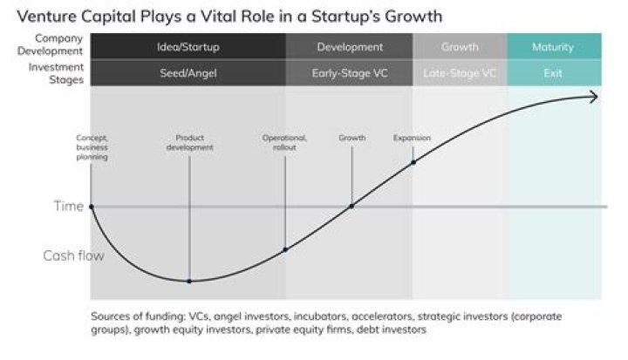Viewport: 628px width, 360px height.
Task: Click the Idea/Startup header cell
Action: pos(188,46)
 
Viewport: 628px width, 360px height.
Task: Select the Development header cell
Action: pos(349,46)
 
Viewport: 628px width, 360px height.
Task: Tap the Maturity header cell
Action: pos(553,46)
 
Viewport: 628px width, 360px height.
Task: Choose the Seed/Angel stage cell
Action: pos(188,73)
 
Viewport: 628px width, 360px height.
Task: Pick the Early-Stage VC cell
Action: pos(349,73)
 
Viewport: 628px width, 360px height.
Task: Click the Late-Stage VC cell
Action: pos(460,73)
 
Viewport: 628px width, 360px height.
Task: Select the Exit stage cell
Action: pos(553,73)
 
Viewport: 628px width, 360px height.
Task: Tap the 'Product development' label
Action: pos(189,143)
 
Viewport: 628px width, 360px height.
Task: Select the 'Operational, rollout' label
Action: pos(285,143)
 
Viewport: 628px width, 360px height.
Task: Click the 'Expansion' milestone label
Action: pos(412,138)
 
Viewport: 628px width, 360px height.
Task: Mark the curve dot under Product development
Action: pos(189,281)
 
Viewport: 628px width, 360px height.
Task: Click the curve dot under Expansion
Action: pos(413,162)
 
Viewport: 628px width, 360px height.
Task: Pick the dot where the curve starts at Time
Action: pos(91,207)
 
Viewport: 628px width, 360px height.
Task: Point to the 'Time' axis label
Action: pos(70,207)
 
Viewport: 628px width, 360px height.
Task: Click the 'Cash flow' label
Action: pos(74,255)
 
